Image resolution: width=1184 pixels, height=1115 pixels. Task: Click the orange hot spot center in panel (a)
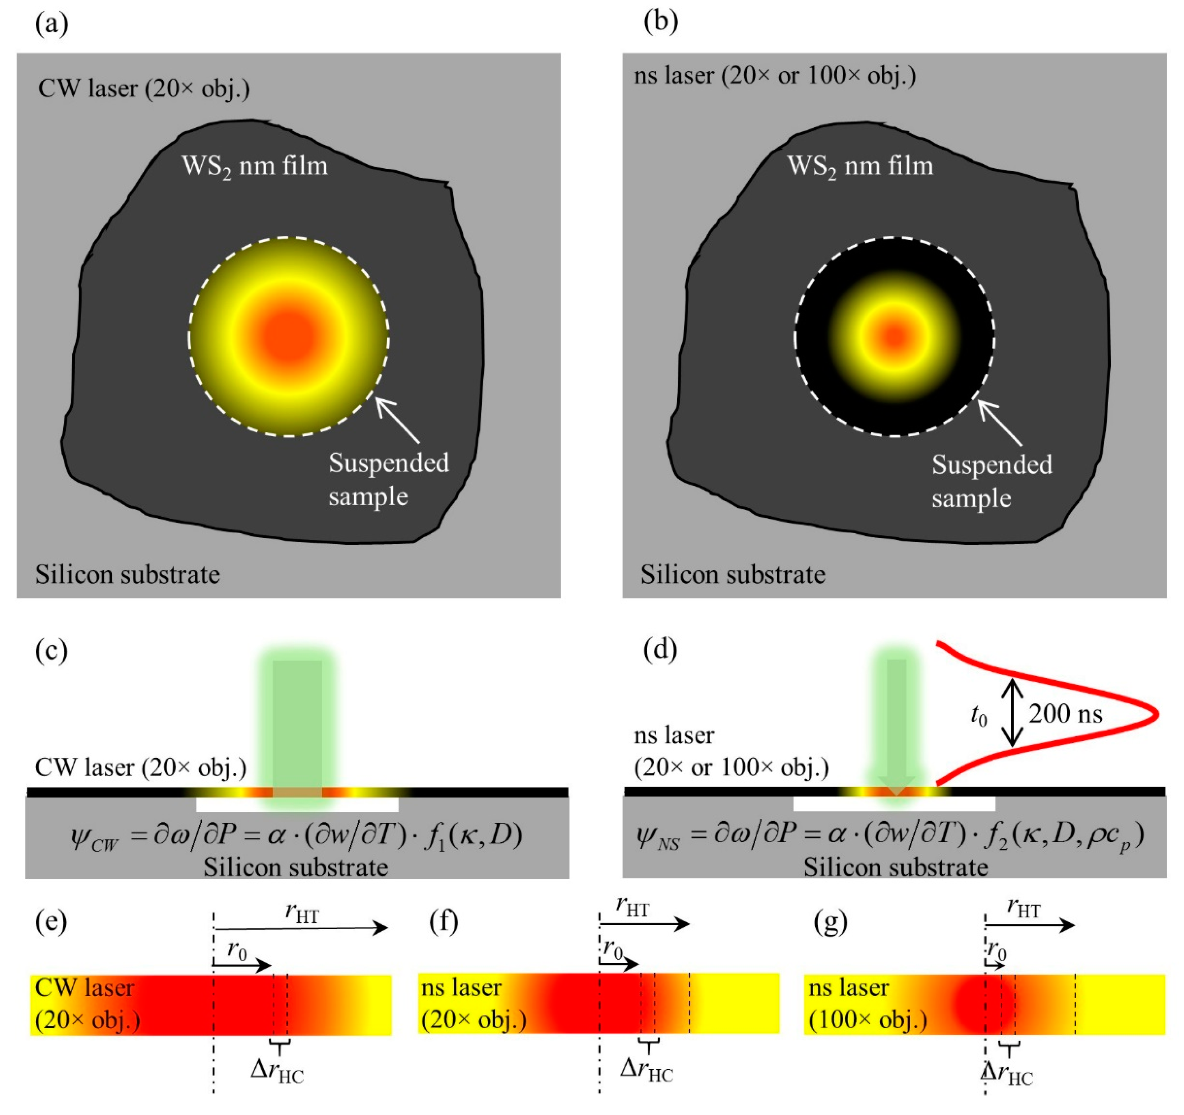pos(289,336)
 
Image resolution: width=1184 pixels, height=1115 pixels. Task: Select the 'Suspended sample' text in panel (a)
pos(388,480)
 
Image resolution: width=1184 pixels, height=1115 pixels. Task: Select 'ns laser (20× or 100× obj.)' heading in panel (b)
pos(774,76)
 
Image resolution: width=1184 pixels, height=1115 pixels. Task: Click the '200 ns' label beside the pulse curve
pos(1066,714)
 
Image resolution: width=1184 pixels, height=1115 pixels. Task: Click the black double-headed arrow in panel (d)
pos(1011,713)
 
